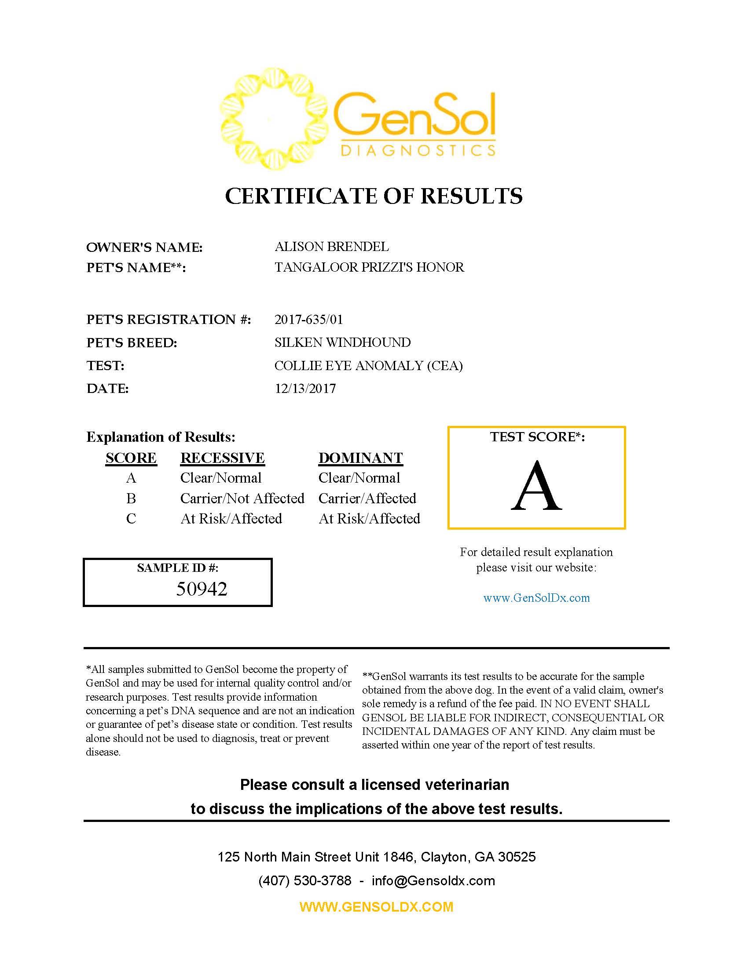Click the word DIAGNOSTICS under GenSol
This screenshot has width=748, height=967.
coord(418,150)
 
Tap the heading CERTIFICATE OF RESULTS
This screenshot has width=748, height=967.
coord(374,196)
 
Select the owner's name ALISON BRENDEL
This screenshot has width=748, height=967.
coord(331,247)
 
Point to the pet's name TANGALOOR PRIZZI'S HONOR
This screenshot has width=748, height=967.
coord(369,267)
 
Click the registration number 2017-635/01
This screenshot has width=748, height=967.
coord(308,319)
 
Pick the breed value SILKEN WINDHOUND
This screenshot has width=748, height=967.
coord(342,342)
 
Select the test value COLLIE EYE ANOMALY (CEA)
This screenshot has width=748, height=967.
coord(368,366)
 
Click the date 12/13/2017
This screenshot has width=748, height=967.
coord(305,389)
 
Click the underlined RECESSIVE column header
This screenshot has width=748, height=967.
coord(223,458)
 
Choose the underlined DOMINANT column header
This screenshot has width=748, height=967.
coord(360,458)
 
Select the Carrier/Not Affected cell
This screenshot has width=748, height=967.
coord(242,498)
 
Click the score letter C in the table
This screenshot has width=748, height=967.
coord(131,519)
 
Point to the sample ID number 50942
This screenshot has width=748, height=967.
coord(202,589)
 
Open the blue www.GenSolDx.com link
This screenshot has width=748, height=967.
coord(536,598)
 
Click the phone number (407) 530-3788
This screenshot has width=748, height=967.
coord(304,880)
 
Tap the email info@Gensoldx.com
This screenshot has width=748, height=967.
coord(433,880)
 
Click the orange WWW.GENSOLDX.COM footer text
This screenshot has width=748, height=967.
coord(376,906)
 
